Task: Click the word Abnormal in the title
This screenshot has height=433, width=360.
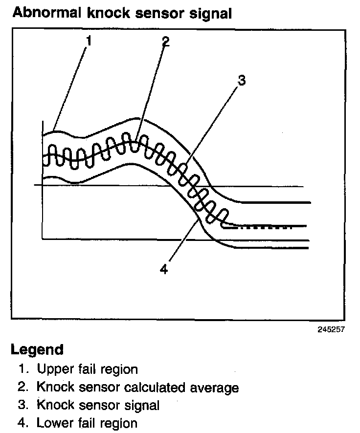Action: click(x=45, y=13)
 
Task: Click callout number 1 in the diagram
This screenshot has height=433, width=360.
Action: click(x=89, y=42)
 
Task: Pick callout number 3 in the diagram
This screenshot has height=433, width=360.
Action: click(x=241, y=80)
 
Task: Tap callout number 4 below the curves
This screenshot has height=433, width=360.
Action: click(x=164, y=269)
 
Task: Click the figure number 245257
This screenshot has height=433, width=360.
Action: click(x=331, y=329)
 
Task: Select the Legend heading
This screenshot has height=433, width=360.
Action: click(x=37, y=350)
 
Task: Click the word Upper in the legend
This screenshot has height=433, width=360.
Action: click(x=54, y=369)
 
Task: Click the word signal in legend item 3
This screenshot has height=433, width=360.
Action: click(x=142, y=406)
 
